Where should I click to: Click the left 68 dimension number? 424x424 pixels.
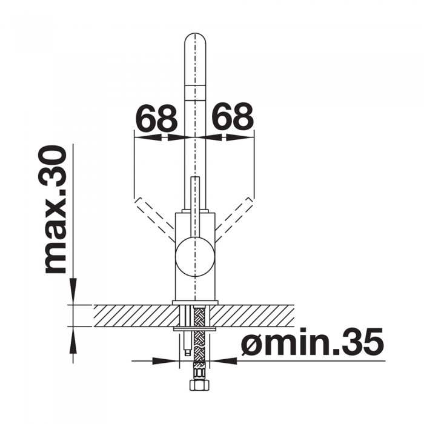[156, 118]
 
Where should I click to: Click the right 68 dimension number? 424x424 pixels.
[232, 116]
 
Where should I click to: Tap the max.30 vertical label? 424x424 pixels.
[55, 210]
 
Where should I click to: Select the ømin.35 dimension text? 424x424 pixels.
[313, 342]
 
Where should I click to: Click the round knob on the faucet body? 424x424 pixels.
[195, 256]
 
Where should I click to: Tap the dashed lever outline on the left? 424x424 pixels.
[154, 219]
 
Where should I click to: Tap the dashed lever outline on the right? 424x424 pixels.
[234, 219]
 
